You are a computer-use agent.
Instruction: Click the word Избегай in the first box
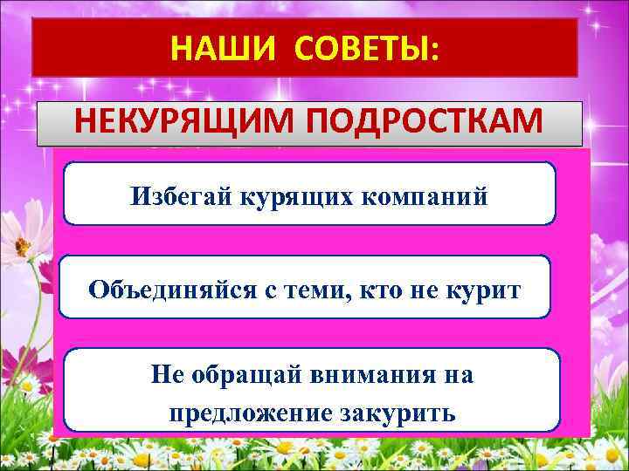click(x=172, y=195)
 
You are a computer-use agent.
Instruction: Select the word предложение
click(x=254, y=412)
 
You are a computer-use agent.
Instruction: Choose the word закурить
click(x=404, y=412)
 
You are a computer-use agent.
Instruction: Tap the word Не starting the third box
click(x=166, y=376)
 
